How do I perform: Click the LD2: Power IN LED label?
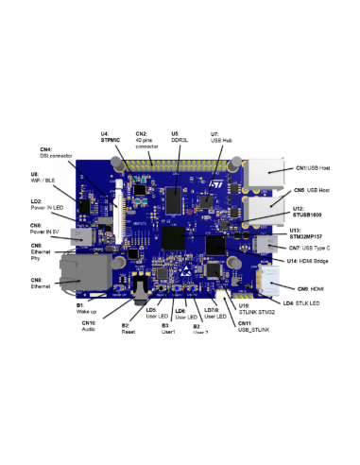[x=46, y=204]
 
